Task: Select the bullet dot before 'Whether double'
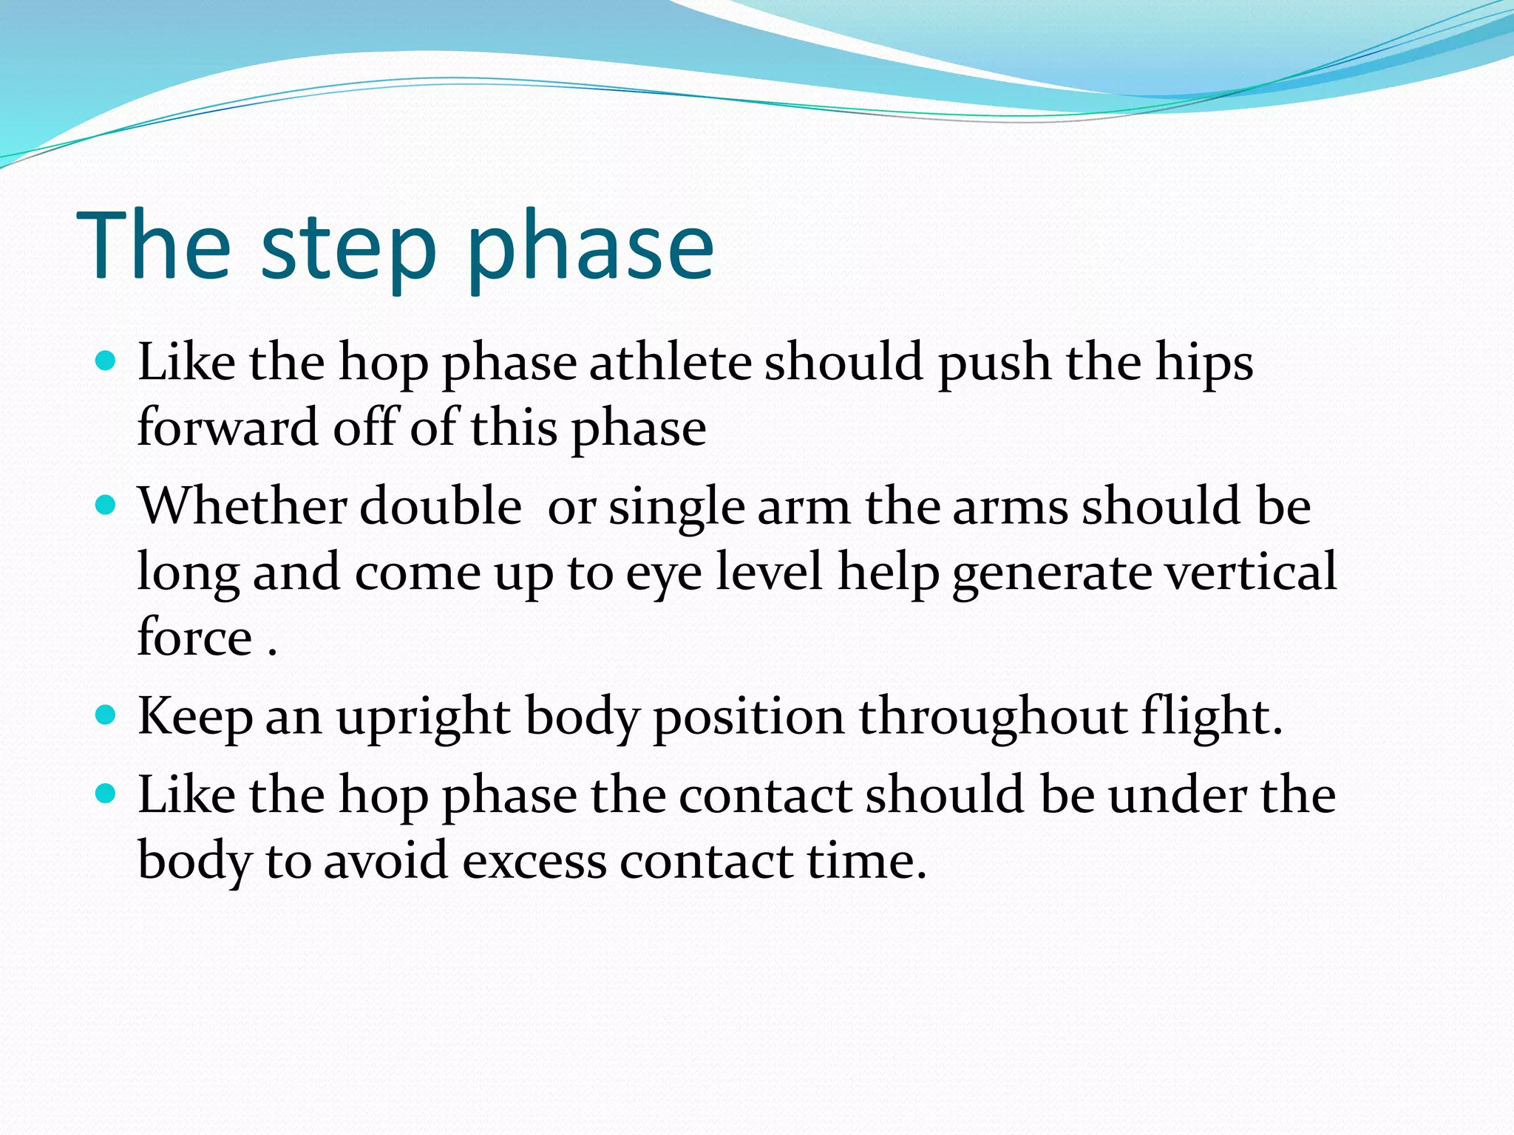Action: pos(106,505)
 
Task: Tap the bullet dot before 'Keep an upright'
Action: pos(106,715)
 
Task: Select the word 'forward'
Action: pos(228,428)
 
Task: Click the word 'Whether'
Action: pos(242,506)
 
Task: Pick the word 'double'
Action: pos(441,506)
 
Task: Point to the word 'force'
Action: pos(195,637)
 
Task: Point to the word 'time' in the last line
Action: pos(859,861)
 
